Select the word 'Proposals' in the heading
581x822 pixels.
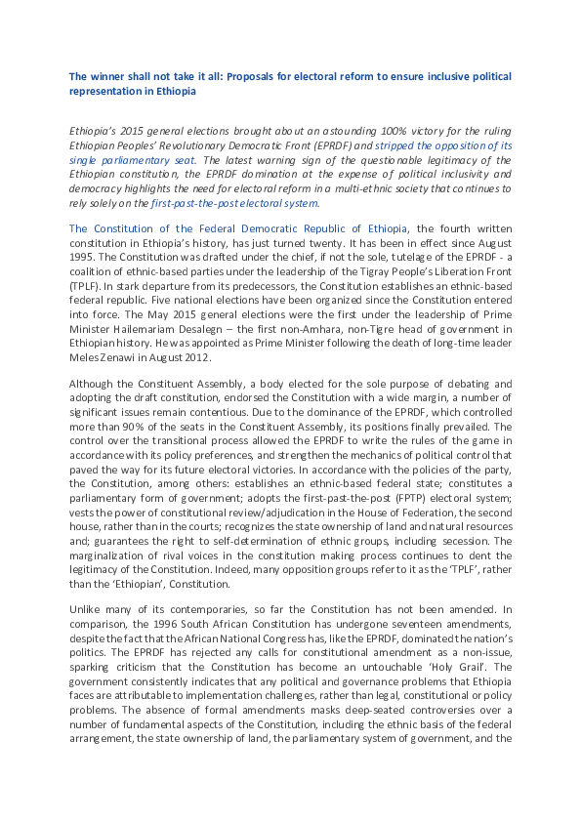257,75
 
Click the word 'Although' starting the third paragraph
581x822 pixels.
93,383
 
